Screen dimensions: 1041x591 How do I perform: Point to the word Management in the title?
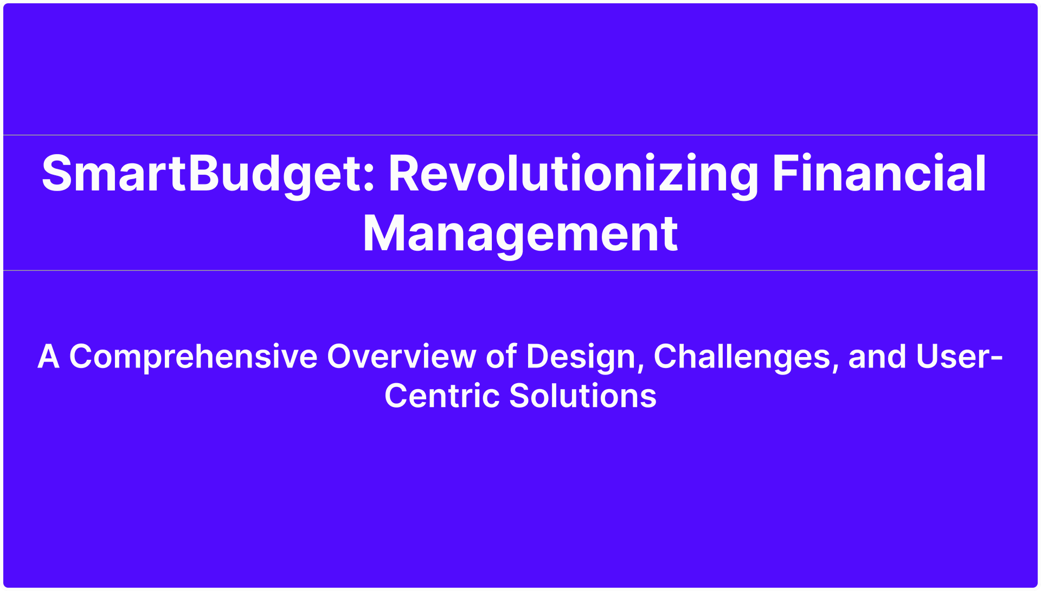[520, 235]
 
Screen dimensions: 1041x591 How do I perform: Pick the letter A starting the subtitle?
[48, 357]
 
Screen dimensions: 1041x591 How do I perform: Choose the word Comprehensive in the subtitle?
[193, 358]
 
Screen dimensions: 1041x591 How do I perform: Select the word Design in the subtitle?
[581, 358]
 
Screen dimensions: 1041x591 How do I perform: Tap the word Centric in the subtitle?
[442, 396]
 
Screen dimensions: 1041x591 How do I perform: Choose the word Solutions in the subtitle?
[583, 396]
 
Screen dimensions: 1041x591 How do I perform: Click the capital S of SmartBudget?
[57, 173]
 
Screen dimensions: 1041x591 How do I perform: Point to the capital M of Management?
[384, 233]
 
